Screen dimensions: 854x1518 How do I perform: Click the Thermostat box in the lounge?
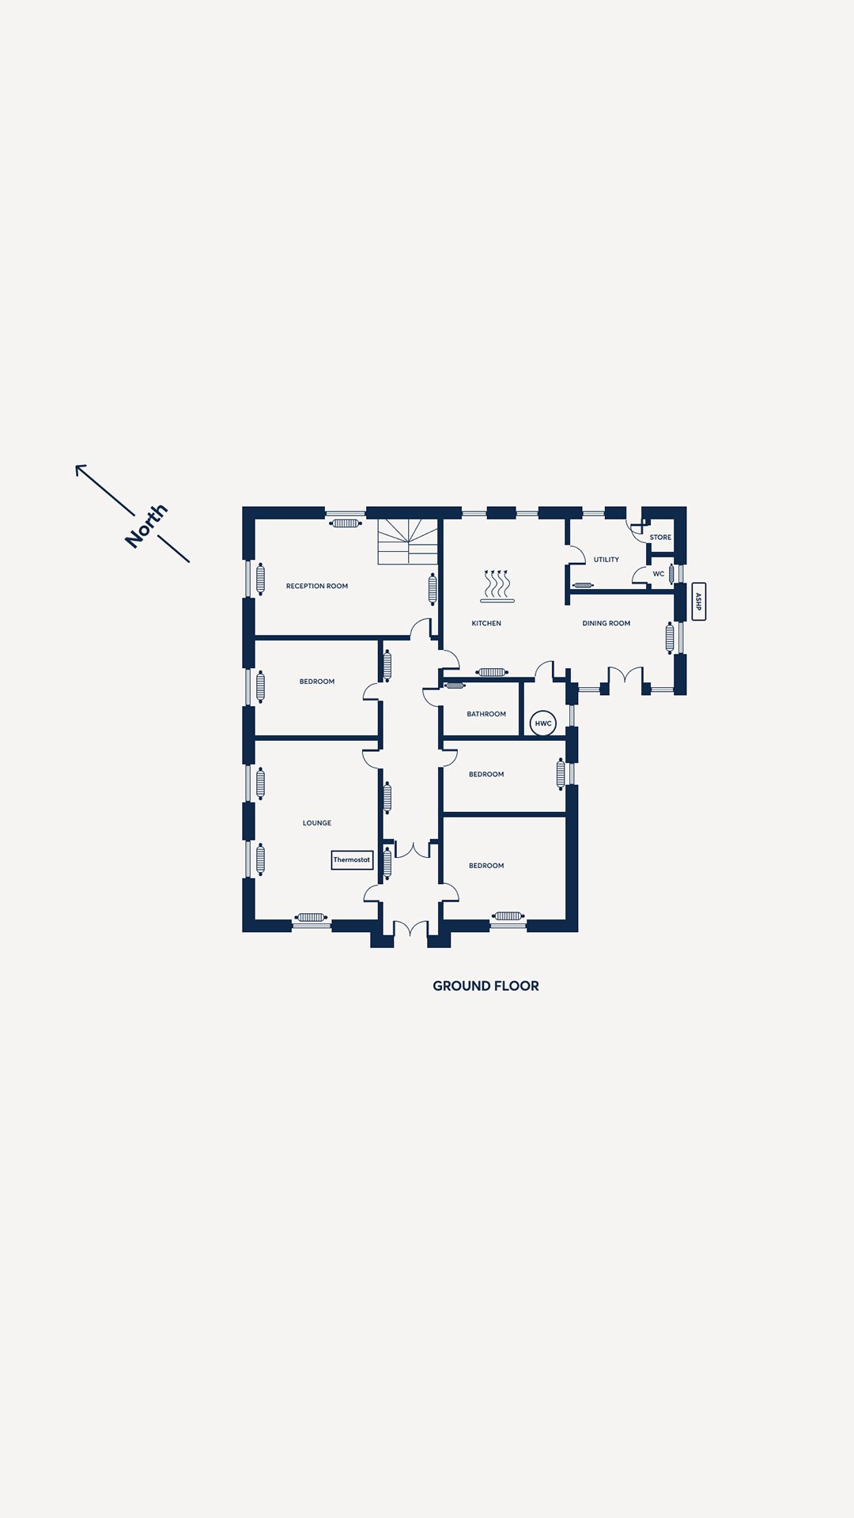coord(352,859)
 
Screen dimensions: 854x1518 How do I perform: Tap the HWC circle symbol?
coord(543,723)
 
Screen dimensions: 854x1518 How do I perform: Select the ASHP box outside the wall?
coord(698,602)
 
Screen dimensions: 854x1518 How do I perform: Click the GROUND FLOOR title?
coord(486,986)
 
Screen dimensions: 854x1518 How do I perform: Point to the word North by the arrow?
coord(146,525)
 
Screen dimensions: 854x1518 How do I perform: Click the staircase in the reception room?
coord(408,542)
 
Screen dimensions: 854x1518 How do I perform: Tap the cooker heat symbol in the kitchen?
coord(497,586)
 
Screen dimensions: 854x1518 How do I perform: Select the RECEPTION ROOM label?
coord(317,586)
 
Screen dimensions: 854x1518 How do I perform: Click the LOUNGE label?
coord(317,823)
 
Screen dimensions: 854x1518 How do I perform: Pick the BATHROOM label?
coord(486,714)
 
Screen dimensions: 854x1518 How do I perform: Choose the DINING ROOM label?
coord(606,623)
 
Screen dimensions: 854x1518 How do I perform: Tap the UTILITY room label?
coord(606,560)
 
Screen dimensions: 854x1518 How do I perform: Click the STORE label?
coord(660,537)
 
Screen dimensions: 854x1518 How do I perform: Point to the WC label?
coord(659,574)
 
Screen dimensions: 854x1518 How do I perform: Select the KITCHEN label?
coord(486,623)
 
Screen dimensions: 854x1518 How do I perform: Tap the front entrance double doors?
coord(410,930)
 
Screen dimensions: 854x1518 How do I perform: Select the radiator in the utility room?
coord(583,585)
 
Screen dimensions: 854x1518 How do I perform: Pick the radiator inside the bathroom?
coord(455,685)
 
